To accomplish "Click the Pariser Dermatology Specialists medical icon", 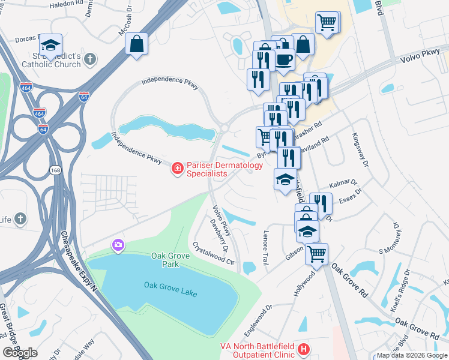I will pos(177,168).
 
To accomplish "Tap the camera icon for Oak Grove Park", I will pos(118,245).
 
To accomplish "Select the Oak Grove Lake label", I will pos(171,285).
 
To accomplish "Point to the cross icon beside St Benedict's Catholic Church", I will pos(90,59).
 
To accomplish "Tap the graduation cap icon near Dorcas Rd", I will pos(50,45).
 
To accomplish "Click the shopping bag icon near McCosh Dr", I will pos(137,44).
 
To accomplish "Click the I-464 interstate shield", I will pos(39,113).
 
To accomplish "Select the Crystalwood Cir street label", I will pos(213,253).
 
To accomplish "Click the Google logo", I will pos(20,352).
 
